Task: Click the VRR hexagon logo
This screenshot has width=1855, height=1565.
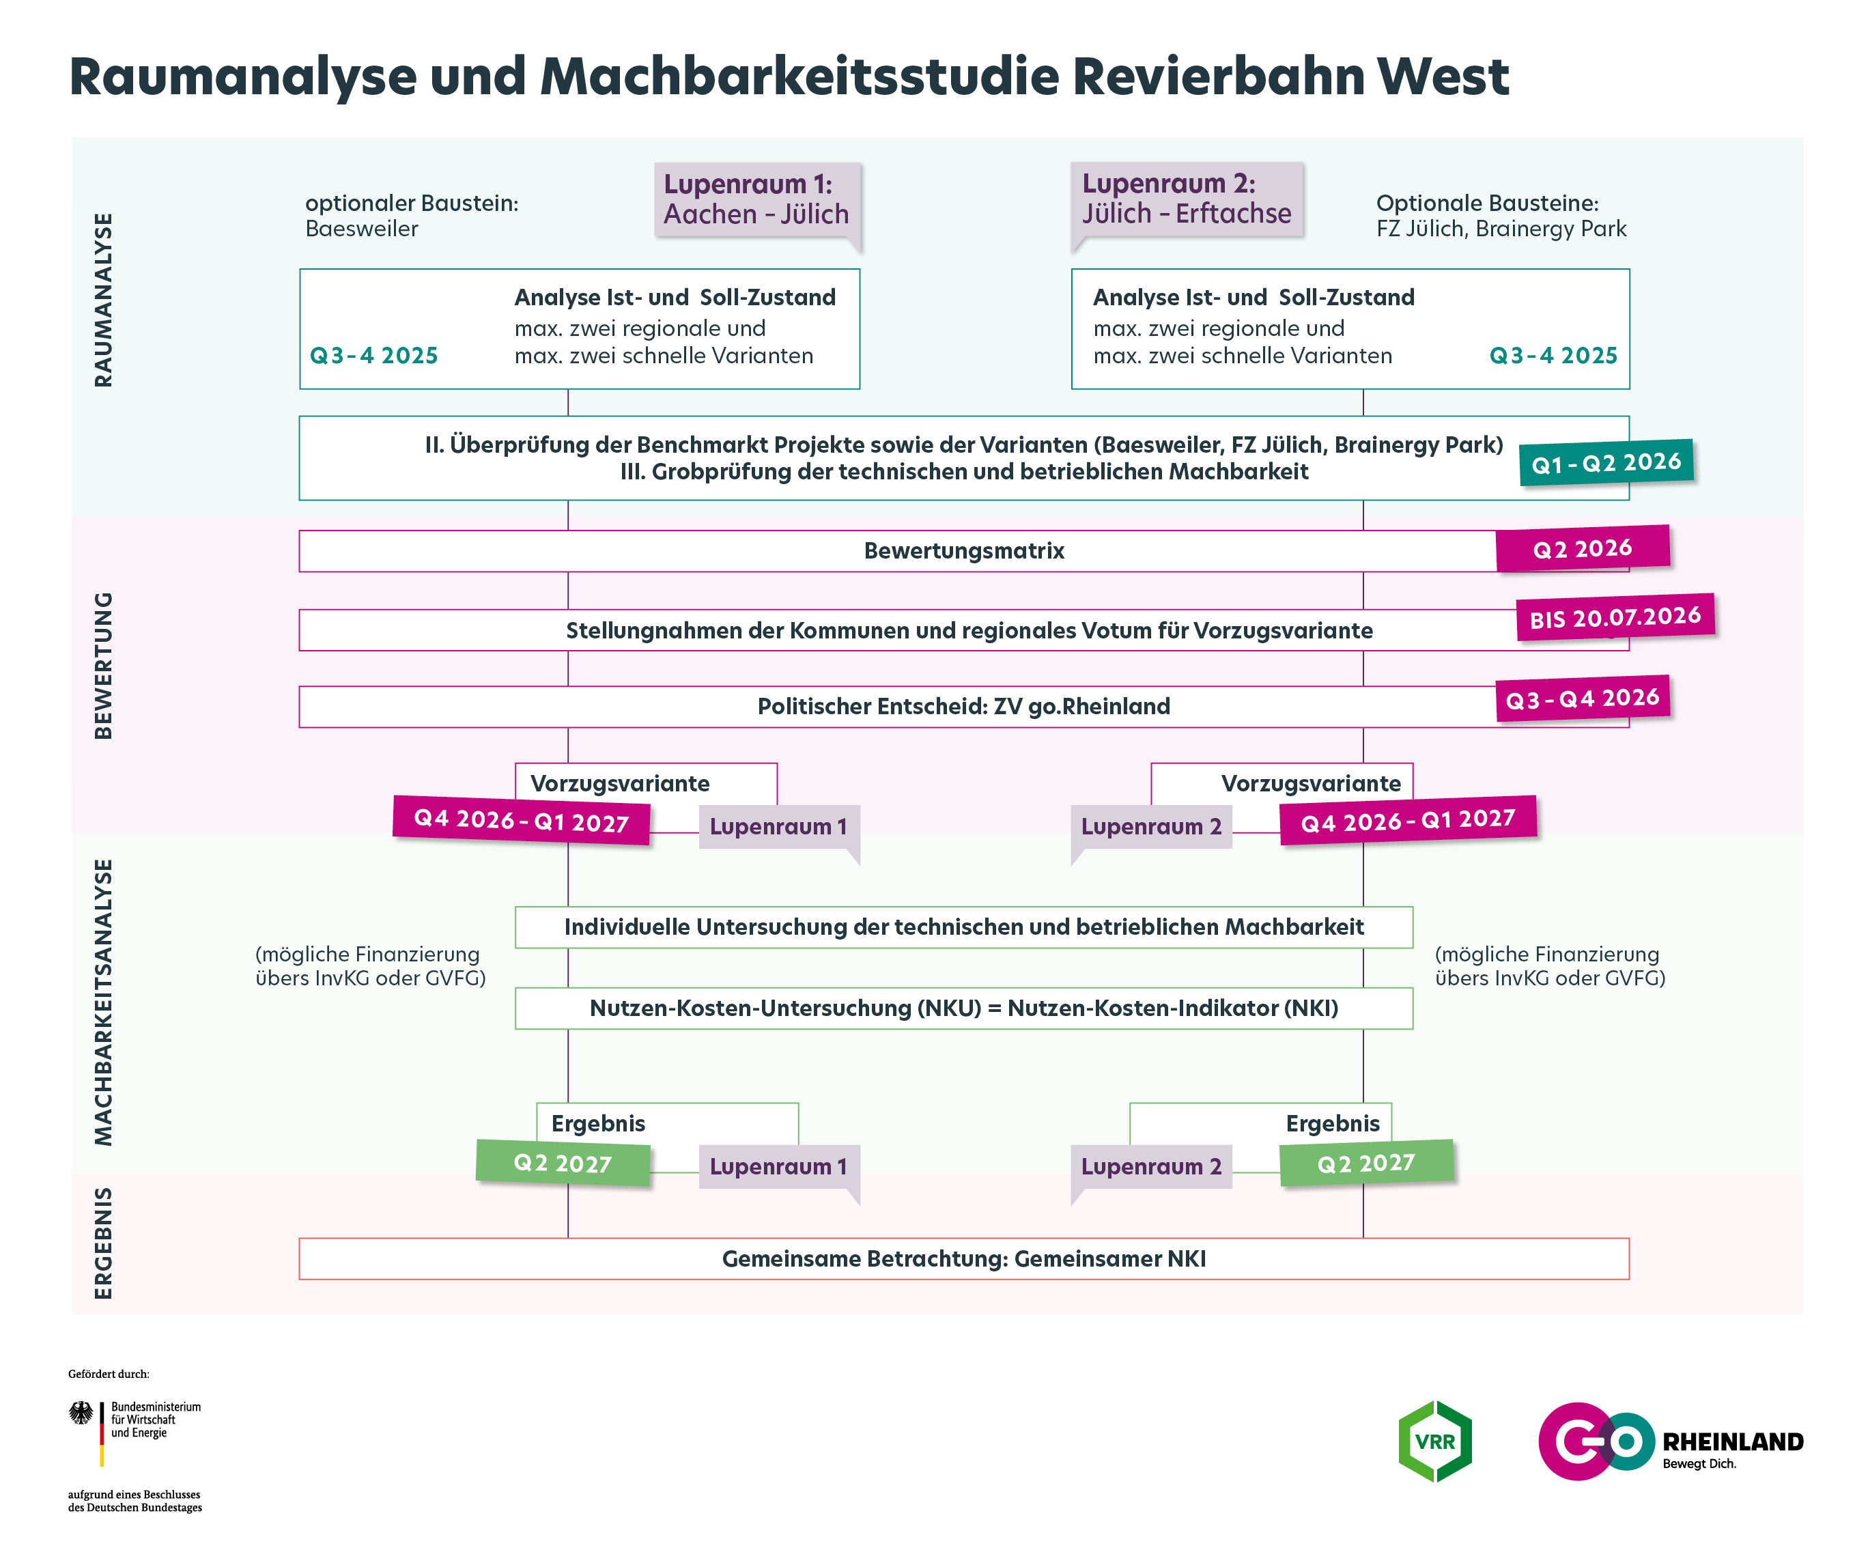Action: (x=1434, y=1441)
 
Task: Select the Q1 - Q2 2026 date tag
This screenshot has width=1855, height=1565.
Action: (x=1606, y=462)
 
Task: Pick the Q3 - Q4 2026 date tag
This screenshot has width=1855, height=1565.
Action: (x=1583, y=699)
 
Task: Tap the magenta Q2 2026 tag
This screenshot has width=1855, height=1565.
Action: (x=1583, y=548)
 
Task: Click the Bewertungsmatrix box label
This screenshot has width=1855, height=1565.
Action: (x=963, y=551)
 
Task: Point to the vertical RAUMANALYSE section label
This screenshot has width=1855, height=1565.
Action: (x=104, y=300)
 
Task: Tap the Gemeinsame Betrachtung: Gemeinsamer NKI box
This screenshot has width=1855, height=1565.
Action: (x=963, y=1259)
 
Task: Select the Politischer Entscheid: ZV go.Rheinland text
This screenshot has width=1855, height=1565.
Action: (x=963, y=706)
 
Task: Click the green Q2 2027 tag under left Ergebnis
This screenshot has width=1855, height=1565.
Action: (x=563, y=1163)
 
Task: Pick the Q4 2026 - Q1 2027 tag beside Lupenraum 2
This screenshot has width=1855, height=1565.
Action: (x=1408, y=820)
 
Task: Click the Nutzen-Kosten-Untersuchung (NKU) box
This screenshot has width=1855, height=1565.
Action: (x=963, y=1008)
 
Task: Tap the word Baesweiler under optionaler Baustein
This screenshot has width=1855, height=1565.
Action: (x=361, y=229)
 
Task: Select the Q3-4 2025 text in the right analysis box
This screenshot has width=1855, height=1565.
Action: (x=1553, y=356)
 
